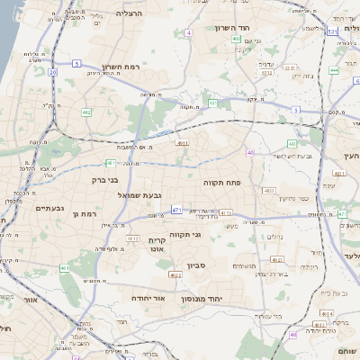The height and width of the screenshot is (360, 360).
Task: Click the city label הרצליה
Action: [x=130, y=14]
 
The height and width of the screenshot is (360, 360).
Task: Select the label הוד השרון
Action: [x=235, y=28]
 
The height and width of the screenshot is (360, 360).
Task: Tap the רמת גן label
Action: [x=82, y=214]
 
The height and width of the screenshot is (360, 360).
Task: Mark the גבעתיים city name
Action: [x=49, y=208]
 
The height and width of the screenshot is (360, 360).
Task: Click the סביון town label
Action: [x=197, y=265]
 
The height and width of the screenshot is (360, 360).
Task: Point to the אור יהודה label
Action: [x=145, y=296]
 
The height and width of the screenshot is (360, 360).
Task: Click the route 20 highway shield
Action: [x=53, y=71]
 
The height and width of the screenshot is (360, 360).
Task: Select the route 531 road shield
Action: [x=332, y=31]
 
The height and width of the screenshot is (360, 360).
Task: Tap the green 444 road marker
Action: [x=334, y=69]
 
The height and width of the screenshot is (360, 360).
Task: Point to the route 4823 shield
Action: [x=268, y=190]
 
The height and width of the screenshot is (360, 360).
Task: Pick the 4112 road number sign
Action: [x=132, y=238]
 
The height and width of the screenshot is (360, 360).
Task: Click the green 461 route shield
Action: [x=65, y=268]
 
